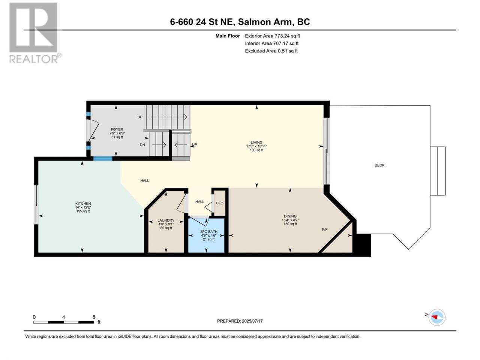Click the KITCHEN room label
(x=83, y=204)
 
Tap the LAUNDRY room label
(x=166, y=220)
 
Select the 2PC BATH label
(x=208, y=231)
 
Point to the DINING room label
(x=290, y=216)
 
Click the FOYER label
(x=117, y=129)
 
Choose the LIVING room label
(x=256, y=142)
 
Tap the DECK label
(x=379, y=165)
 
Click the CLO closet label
(x=219, y=203)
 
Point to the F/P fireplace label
(x=325, y=229)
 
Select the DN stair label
(x=142, y=145)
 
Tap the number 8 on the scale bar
(x=94, y=317)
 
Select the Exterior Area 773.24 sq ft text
(x=273, y=36)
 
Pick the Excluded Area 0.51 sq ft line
(x=271, y=51)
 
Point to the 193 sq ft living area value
(x=256, y=150)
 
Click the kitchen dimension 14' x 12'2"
(x=83, y=207)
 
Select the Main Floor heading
(x=228, y=36)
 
